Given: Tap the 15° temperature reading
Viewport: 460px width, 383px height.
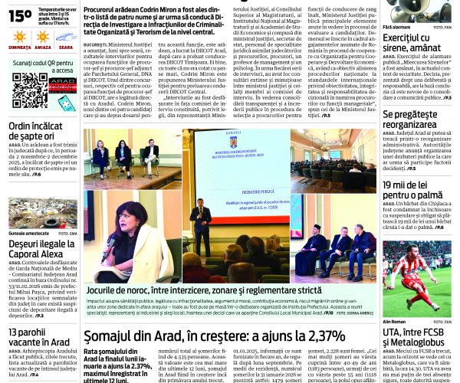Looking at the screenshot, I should click(x=18, y=15).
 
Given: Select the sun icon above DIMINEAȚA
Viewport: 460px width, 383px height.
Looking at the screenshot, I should click(x=19, y=37).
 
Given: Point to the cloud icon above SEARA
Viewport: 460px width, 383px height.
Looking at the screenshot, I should click(x=66, y=36).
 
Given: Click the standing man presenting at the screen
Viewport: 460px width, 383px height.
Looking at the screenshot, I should click(x=201, y=228).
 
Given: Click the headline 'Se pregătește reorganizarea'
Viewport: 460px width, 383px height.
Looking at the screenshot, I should click(x=420, y=119).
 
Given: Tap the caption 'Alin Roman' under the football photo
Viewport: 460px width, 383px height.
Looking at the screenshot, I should click(x=394, y=322).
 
